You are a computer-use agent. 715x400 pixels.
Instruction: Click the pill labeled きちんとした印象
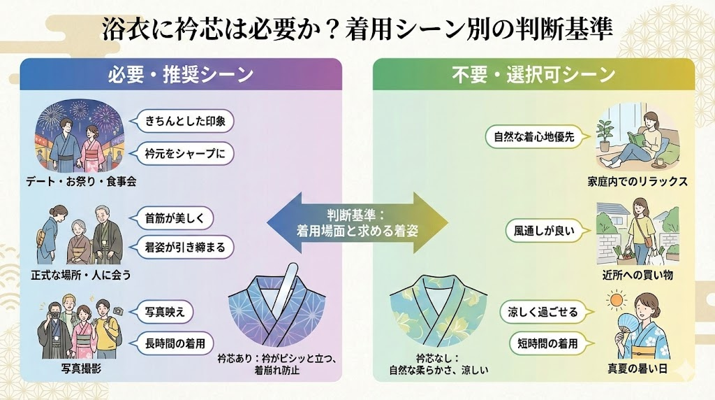(184, 120)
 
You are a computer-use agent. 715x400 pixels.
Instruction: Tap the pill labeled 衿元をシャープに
(184, 153)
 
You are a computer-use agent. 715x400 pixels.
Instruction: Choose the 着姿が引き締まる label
(184, 247)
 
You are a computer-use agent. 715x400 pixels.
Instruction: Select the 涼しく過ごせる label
(543, 312)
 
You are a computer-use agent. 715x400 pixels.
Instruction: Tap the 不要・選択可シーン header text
(533, 74)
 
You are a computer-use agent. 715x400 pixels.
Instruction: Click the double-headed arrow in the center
(357, 222)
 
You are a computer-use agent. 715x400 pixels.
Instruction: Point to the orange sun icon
(616, 301)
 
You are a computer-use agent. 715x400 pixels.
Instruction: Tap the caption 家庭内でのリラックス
(637, 181)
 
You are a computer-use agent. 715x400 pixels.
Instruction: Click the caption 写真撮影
(76, 369)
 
